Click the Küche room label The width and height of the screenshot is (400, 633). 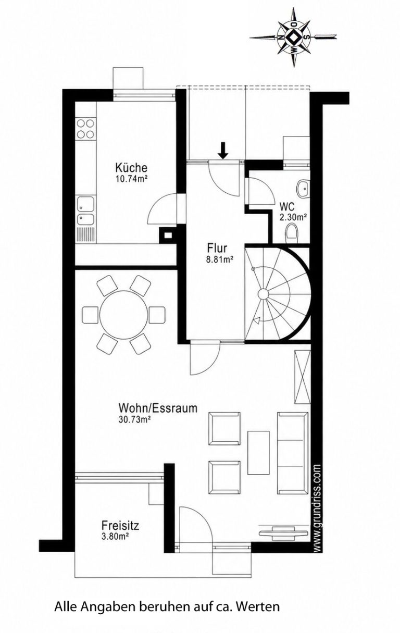click(x=131, y=168)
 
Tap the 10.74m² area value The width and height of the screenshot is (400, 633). click(x=131, y=178)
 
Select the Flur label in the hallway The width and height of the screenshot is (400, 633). click(x=217, y=248)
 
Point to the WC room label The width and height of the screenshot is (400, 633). click(x=287, y=207)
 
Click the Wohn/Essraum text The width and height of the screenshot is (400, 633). click(x=158, y=408)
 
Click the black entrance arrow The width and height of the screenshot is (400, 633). click(x=223, y=150)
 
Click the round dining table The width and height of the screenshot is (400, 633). click(x=124, y=315)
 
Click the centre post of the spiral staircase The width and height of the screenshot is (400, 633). click(x=263, y=294)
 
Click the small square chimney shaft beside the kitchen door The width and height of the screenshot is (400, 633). click(x=168, y=235)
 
